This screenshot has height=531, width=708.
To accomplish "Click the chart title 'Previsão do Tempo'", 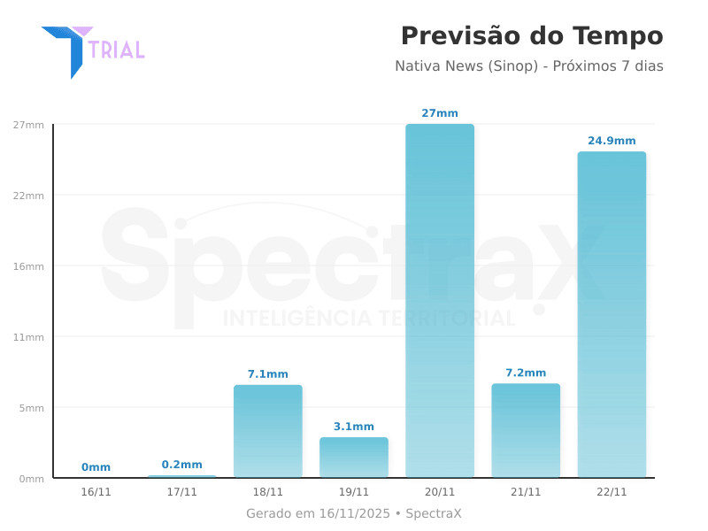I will click(x=531, y=36).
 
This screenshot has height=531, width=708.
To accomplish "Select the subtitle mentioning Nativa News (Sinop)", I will click(x=528, y=66).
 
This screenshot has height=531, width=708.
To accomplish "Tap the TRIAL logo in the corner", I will click(x=92, y=50).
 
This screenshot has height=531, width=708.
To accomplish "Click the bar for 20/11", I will click(x=440, y=301).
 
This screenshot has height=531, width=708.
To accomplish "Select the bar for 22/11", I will click(x=612, y=314).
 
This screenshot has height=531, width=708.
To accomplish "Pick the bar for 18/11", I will click(x=268, y=431).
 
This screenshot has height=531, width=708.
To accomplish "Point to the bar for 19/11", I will click(x=354, y=458).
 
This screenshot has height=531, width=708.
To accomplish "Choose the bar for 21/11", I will click(x=526, y=430).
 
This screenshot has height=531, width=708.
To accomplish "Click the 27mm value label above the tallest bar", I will click(x=440, y=113).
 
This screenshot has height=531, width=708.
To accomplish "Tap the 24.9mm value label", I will click(x=612, y=141).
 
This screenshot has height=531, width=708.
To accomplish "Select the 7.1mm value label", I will click(x=268, y=374).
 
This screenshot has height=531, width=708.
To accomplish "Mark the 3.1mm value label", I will click(x=354, y=427).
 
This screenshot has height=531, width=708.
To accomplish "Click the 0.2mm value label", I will click(x=182, y=465).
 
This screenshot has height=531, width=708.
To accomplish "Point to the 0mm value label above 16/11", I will click(x=96, y=467).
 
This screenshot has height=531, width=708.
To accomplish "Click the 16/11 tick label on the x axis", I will click(x=96, y=492).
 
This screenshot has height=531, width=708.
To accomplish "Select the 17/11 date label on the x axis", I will click(x=182, y=492).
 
